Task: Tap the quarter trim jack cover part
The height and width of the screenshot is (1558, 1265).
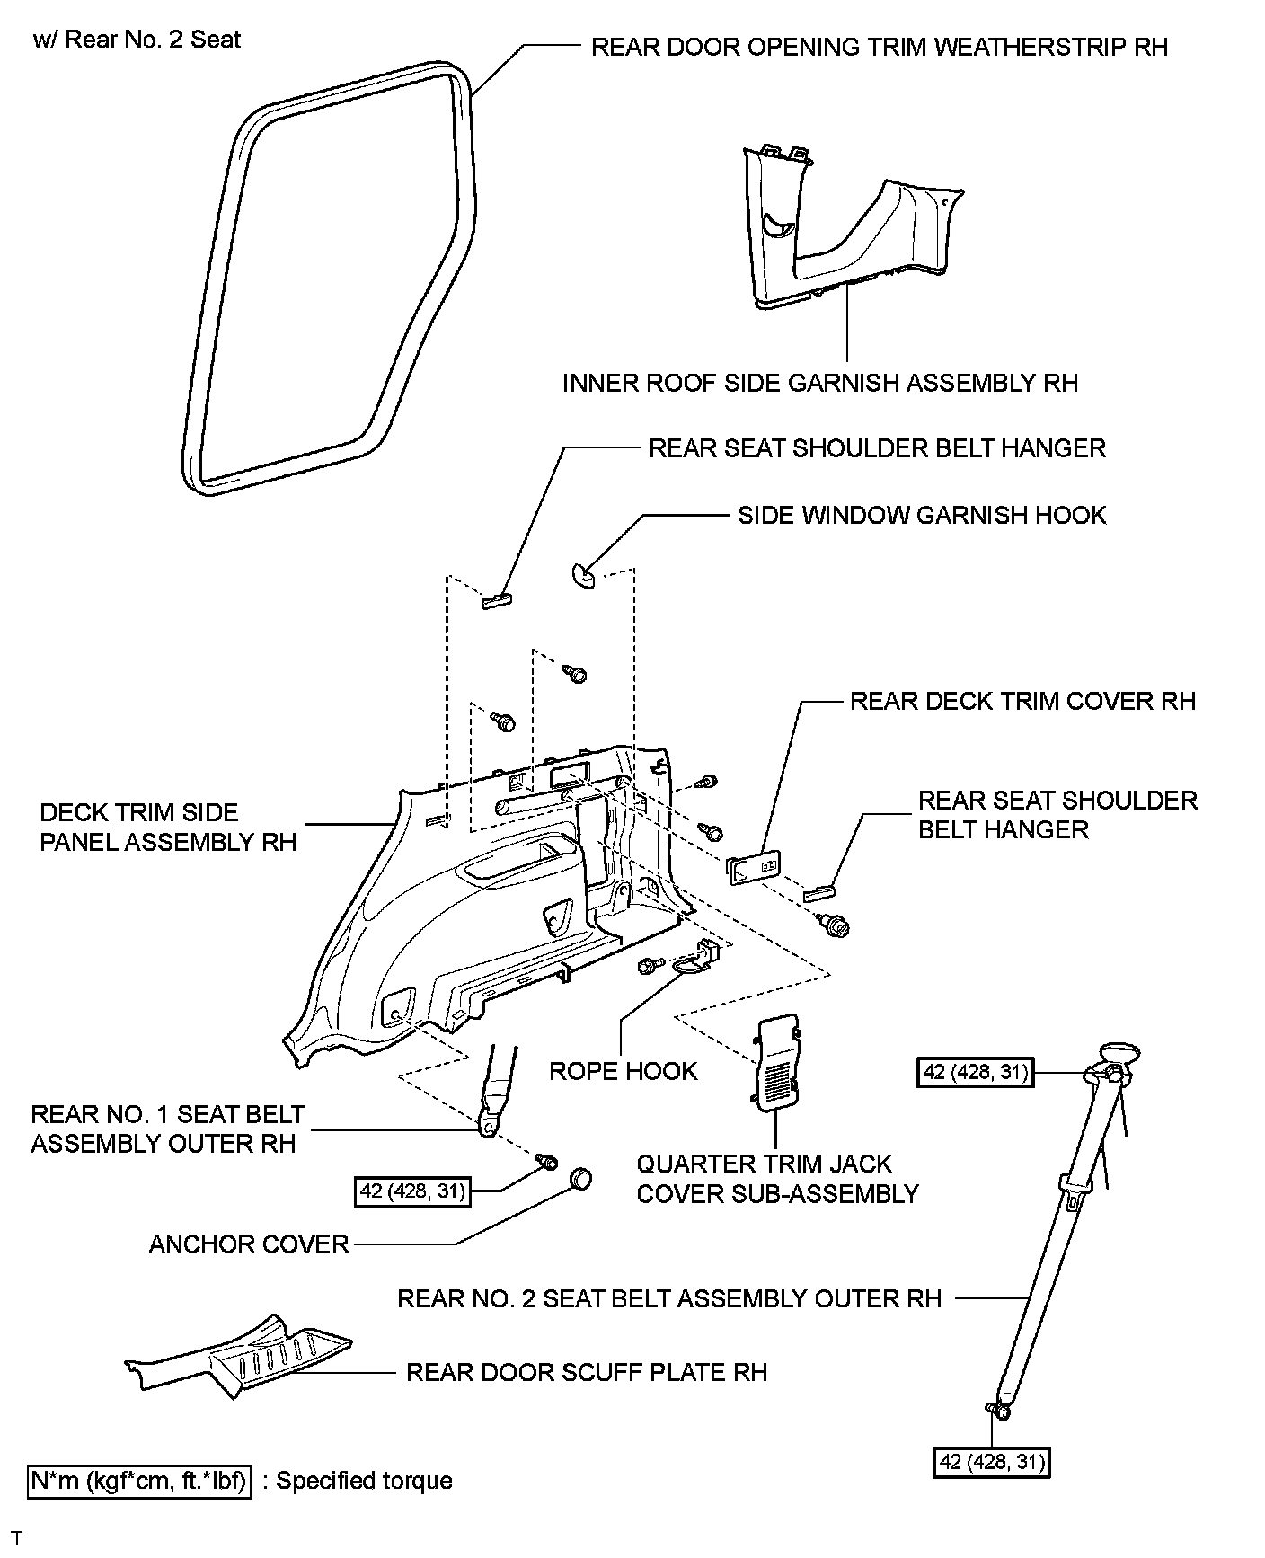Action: pos(778,1058)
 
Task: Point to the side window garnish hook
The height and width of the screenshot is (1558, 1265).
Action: pos(582,574)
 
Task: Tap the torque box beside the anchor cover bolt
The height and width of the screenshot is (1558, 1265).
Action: pos(412,1191)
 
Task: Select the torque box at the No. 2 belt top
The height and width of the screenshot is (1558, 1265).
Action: pos(975,1073)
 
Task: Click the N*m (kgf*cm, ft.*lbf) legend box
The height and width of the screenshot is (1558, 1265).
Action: pos(139,1481)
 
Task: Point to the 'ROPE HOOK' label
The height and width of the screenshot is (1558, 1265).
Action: pos(623,1071)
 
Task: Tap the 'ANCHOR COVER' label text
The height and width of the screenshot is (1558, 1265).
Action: pos(248,1244)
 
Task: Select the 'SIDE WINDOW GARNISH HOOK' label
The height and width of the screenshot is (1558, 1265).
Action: pos(922,515)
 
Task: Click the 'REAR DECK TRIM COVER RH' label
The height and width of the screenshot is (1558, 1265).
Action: pos(1022,701)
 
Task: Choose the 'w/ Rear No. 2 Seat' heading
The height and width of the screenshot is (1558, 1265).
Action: pos(137,40)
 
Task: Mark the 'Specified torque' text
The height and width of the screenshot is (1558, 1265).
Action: pos(364,1481)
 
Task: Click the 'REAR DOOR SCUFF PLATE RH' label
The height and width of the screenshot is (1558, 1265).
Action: pos(587,1372)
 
